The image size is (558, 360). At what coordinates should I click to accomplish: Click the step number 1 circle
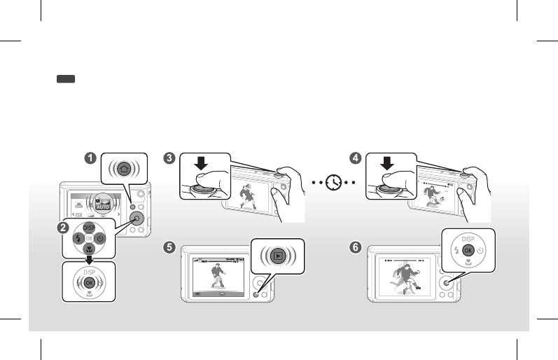click(90, 158)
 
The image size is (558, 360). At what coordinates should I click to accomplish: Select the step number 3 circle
click(169, 158)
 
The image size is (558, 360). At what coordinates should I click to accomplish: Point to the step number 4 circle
click(356, 158)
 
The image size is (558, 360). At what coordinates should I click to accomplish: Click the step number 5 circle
click(168, 246)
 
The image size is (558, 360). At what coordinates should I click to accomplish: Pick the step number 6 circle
click(357, 246)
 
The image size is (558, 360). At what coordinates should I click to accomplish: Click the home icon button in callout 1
click(124, 169)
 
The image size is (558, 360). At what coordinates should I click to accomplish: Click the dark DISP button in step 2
click(89, 228)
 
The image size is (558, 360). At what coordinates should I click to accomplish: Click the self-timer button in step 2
click(100, 239)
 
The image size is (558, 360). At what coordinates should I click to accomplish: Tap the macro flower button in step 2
click(89, 249)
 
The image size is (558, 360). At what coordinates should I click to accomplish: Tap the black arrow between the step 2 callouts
click(89, 259)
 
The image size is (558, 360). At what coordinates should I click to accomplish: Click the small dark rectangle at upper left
click(67, 81)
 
